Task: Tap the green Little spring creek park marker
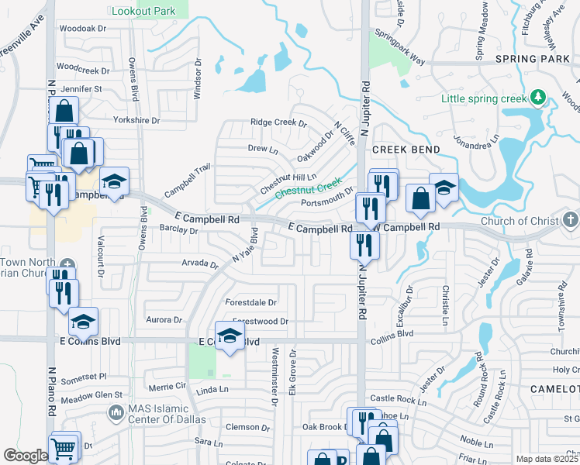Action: click(536, 98)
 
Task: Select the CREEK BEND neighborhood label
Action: click(406, 149)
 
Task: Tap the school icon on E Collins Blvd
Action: click(230, 336)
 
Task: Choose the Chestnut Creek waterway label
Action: click(309, 187)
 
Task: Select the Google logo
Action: click(25, 456)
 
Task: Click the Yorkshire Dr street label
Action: click(136, 121)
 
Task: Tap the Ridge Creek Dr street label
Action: click(278, 123)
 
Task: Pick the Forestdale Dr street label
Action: click(250, 302)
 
